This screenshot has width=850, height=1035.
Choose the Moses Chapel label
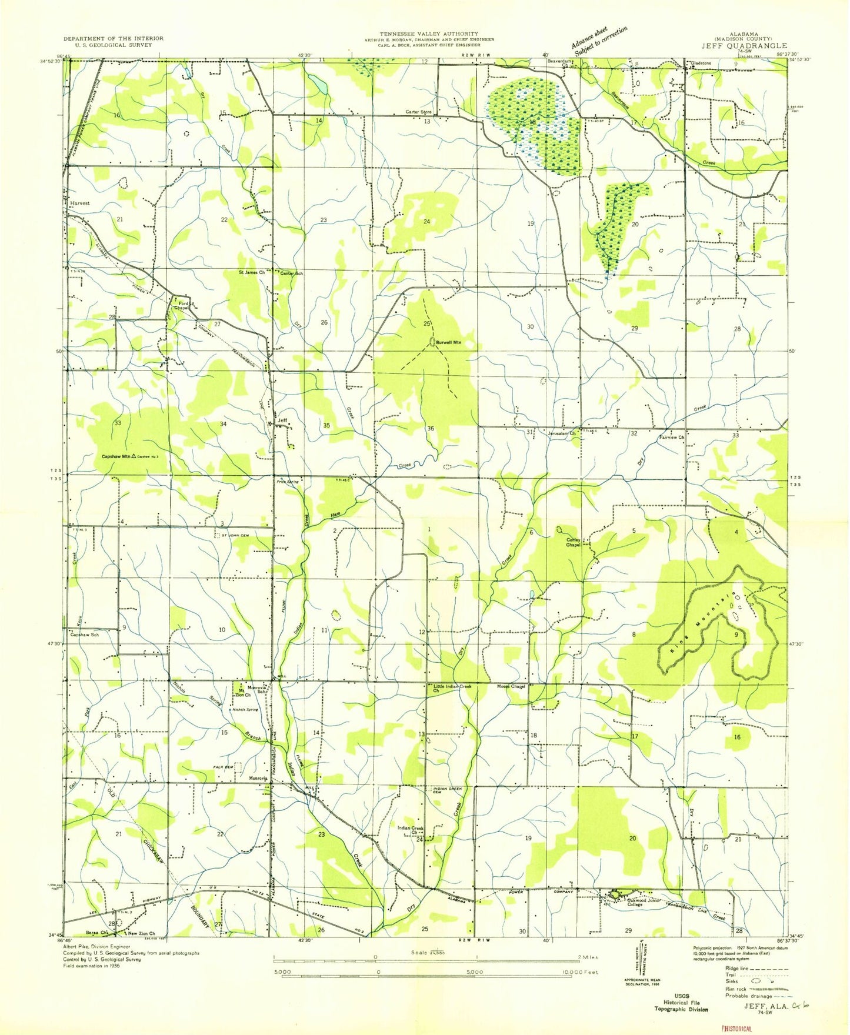click(511, 686)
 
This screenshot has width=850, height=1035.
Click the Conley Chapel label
click(574, 542)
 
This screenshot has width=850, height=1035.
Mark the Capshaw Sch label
click(85, 635)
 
